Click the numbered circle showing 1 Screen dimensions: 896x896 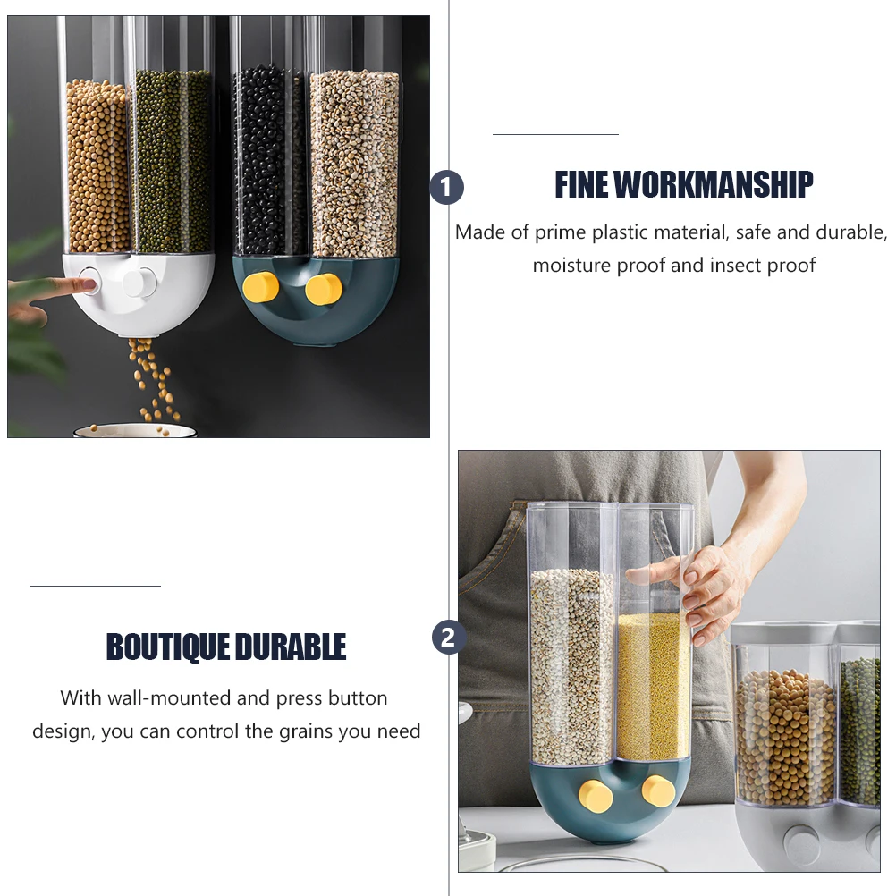447,188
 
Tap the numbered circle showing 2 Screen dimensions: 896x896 449,638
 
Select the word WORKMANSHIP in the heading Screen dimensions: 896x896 713,185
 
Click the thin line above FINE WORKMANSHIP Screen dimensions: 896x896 555,134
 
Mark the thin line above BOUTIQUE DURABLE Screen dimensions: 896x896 96,586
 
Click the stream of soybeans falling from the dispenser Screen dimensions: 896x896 151,376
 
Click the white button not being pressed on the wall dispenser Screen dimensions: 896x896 136,283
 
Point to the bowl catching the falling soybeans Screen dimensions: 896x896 134,430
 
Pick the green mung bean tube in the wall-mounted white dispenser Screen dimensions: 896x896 173,161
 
